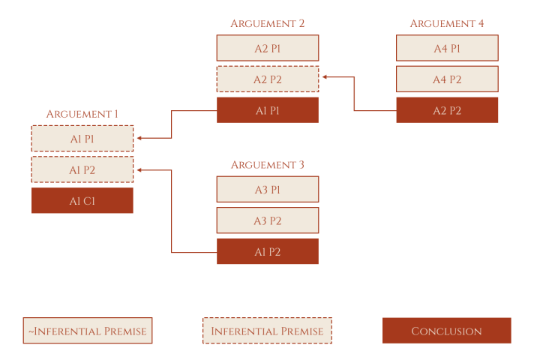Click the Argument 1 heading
(82, 114)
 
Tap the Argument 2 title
(268, 23)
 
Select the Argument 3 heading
(268, 165)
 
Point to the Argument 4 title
(447, 23)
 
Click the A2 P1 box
(268, 48)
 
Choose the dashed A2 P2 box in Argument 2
(268, 79)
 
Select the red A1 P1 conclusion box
(268, 110)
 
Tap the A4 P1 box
(447, 48)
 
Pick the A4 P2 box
(447, 79)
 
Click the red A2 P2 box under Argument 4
(447, 110)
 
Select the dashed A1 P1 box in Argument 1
(82, 139)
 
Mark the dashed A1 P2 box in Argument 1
(82, 169)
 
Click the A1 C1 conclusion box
(82, 201)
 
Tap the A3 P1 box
(268, 190)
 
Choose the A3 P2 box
(268, 220)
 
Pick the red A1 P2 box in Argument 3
(268, 252)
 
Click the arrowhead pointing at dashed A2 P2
(325, 76)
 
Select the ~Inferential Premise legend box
(88, 331)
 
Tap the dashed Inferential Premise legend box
(267, 331)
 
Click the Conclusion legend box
(446, 331)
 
